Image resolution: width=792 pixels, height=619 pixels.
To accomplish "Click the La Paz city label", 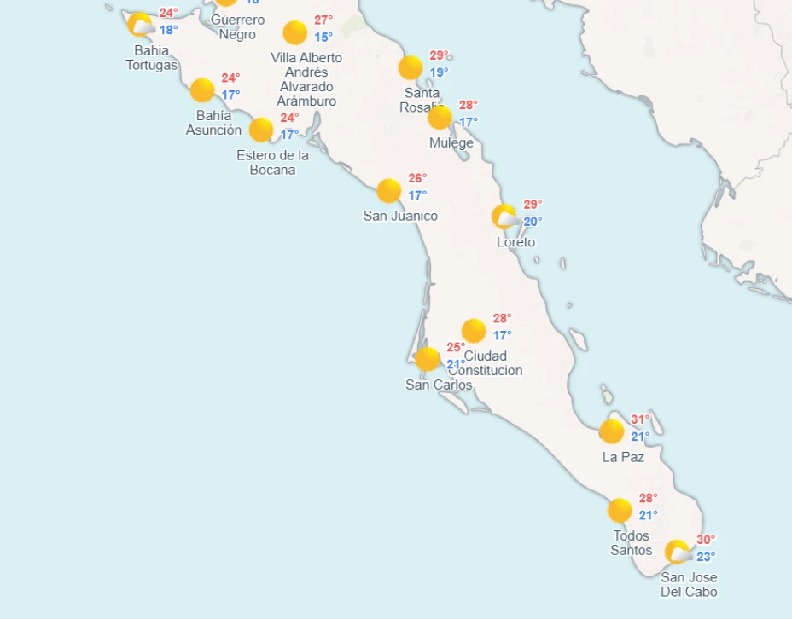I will coord(623,457).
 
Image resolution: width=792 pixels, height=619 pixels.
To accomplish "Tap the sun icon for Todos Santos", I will coord(620,511).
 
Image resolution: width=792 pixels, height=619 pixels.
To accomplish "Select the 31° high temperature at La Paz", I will coord(640,419).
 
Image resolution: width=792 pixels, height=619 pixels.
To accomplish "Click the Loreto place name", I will coord(515,242).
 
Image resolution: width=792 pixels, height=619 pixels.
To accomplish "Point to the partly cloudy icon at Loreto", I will coord(505,217).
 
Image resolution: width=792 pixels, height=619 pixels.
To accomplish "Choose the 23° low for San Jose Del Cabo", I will coord(706,557).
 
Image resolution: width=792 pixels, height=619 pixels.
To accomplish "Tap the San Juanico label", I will coord(400,216).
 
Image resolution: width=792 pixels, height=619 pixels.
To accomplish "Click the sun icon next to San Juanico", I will coord(389,191).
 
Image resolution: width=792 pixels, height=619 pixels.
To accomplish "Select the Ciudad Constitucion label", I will coord(486,363).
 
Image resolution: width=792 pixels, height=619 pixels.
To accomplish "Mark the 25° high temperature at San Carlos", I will coord(456,347).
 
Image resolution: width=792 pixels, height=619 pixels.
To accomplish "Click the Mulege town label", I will coord(451,143).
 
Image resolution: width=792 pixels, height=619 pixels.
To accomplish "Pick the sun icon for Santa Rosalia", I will coord(411,67).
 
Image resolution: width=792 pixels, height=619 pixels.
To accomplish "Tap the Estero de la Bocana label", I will coord(273,162).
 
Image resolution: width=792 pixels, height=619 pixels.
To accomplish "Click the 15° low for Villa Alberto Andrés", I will coord(323,37).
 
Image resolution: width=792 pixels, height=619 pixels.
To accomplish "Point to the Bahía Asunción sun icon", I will coord(202,90).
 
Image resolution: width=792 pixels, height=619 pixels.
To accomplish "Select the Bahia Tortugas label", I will coord(152,58).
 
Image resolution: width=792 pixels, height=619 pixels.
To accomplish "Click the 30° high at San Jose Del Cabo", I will coord(706,540).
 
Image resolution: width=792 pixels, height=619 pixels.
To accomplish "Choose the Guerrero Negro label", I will coord(237,27).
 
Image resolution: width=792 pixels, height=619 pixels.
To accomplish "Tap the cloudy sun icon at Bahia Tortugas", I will coord(141,25).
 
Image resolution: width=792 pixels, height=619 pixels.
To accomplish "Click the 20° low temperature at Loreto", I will coord(533,222).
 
